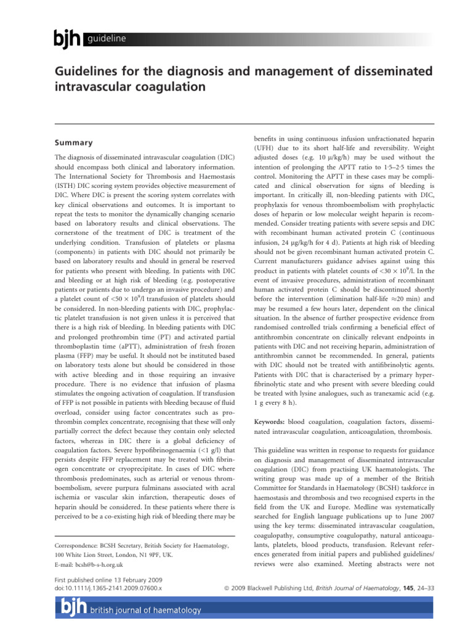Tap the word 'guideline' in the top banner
[x=107, y=39]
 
